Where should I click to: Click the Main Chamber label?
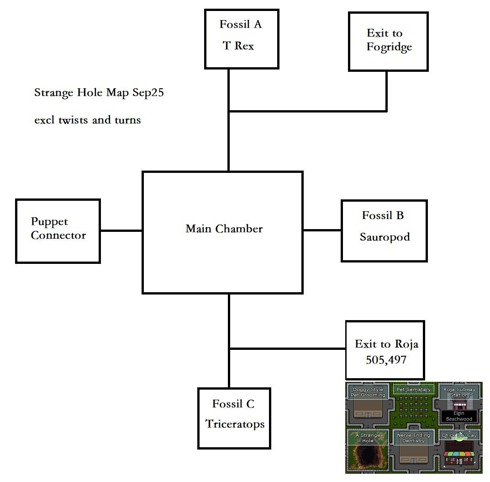(224, 229)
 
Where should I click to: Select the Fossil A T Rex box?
(241, 39)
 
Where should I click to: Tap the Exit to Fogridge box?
(388, 41)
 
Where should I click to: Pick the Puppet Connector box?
(58, 231)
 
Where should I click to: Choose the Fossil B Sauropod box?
(384, 230)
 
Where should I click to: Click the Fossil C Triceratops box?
(234, 418)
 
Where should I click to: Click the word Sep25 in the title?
(148, 93)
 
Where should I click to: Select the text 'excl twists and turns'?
(88, 120)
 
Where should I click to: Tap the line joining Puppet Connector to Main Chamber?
(121, 230)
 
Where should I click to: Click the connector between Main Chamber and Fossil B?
(322, 230)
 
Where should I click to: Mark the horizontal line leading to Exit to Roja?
(288, 349)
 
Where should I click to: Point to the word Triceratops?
(235, 424)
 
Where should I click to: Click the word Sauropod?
(385, 237)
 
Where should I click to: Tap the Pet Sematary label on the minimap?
(413, 390)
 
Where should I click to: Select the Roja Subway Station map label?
(459, 392)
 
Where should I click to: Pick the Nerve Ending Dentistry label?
(413, 438)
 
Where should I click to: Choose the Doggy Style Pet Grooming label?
(368, 392)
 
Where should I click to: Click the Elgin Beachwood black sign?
(459, 416)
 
